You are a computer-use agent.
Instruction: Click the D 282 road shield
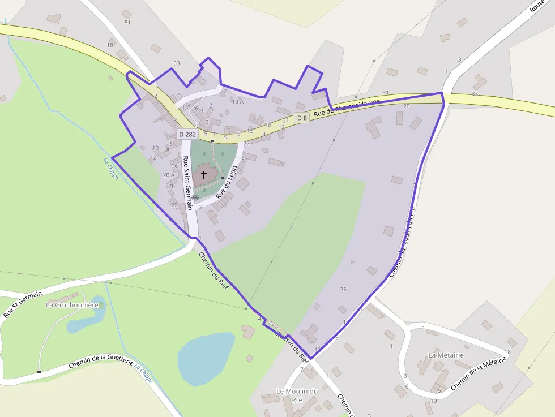coord(187,134)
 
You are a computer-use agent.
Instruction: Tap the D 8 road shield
coord(302,118)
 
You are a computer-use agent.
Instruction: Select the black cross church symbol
coord(204,175)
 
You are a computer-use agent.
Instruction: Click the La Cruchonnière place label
coord(72,305)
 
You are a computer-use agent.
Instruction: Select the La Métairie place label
coord(446,355)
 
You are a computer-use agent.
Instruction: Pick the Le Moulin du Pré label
coord(297,395)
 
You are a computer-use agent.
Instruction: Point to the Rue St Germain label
coord(23,304)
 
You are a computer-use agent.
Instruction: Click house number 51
coord(127,23)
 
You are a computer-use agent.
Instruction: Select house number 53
coord(177,63)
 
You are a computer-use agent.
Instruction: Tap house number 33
coord(475,94)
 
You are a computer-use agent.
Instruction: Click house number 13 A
coord(238,102)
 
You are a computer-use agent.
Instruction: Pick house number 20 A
coord(169,175)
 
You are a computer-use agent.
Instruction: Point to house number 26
coord(343,290)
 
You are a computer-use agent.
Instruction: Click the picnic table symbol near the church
coord(194,197)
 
